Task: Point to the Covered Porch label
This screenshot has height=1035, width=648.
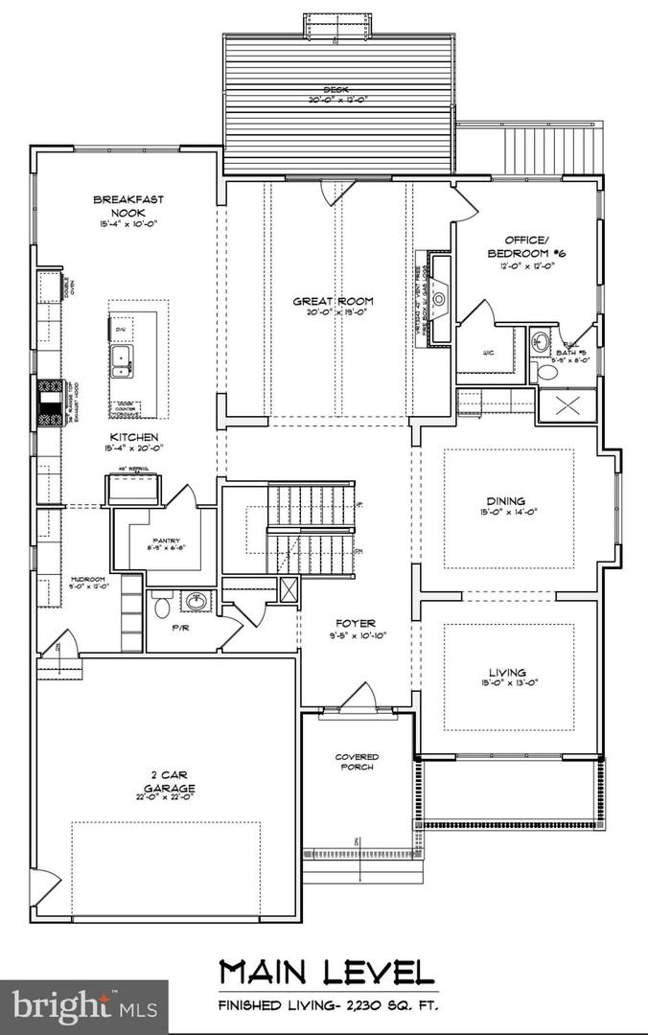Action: (x=357, y=762)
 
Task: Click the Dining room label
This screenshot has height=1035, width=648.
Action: (x=505, y=500)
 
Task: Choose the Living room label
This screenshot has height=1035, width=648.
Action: (x=506, y=673)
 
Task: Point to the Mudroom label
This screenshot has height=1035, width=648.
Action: (x=87, y=580)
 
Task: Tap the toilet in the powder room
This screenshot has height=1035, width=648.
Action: (x=162, y=606)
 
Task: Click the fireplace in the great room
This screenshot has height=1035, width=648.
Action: (x=439, y=298)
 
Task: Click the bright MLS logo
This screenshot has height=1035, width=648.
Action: (x=83, y=1006)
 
